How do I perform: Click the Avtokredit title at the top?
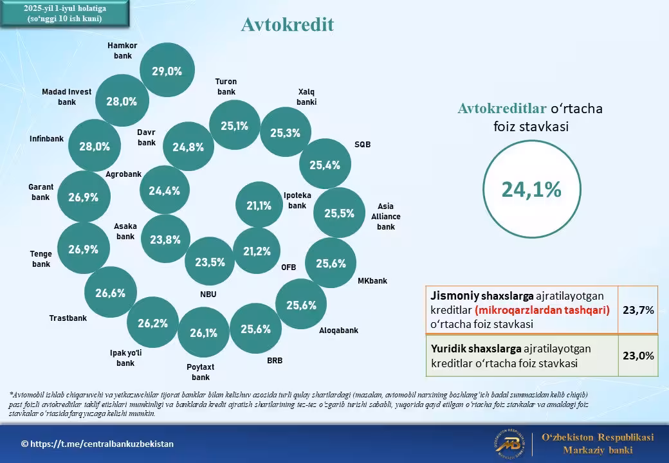[287, 24]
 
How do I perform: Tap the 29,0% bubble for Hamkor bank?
[167, 70]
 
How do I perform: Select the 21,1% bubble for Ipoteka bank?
[259, 204]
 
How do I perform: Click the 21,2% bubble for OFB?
[257, 251]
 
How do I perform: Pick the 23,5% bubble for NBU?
[210, 261]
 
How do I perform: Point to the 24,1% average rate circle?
[531, 189]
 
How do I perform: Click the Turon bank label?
[226, 87]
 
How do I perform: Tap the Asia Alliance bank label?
[386, 217]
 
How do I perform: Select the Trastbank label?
[68, 318]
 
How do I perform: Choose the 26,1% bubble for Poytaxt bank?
[203, 332]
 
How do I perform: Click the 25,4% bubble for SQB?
[325, 164]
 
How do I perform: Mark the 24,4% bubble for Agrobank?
[165, 190]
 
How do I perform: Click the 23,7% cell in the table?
[638, 310]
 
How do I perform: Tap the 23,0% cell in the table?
[638, 356]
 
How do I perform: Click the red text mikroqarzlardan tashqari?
[542, 310]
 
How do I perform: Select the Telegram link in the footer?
[97, 444]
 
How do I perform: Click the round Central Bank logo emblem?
[510, 444]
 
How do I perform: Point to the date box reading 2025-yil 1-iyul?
[65, 14]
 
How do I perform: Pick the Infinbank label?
[46, 138]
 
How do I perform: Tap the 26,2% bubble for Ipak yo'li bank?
[152, 323]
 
